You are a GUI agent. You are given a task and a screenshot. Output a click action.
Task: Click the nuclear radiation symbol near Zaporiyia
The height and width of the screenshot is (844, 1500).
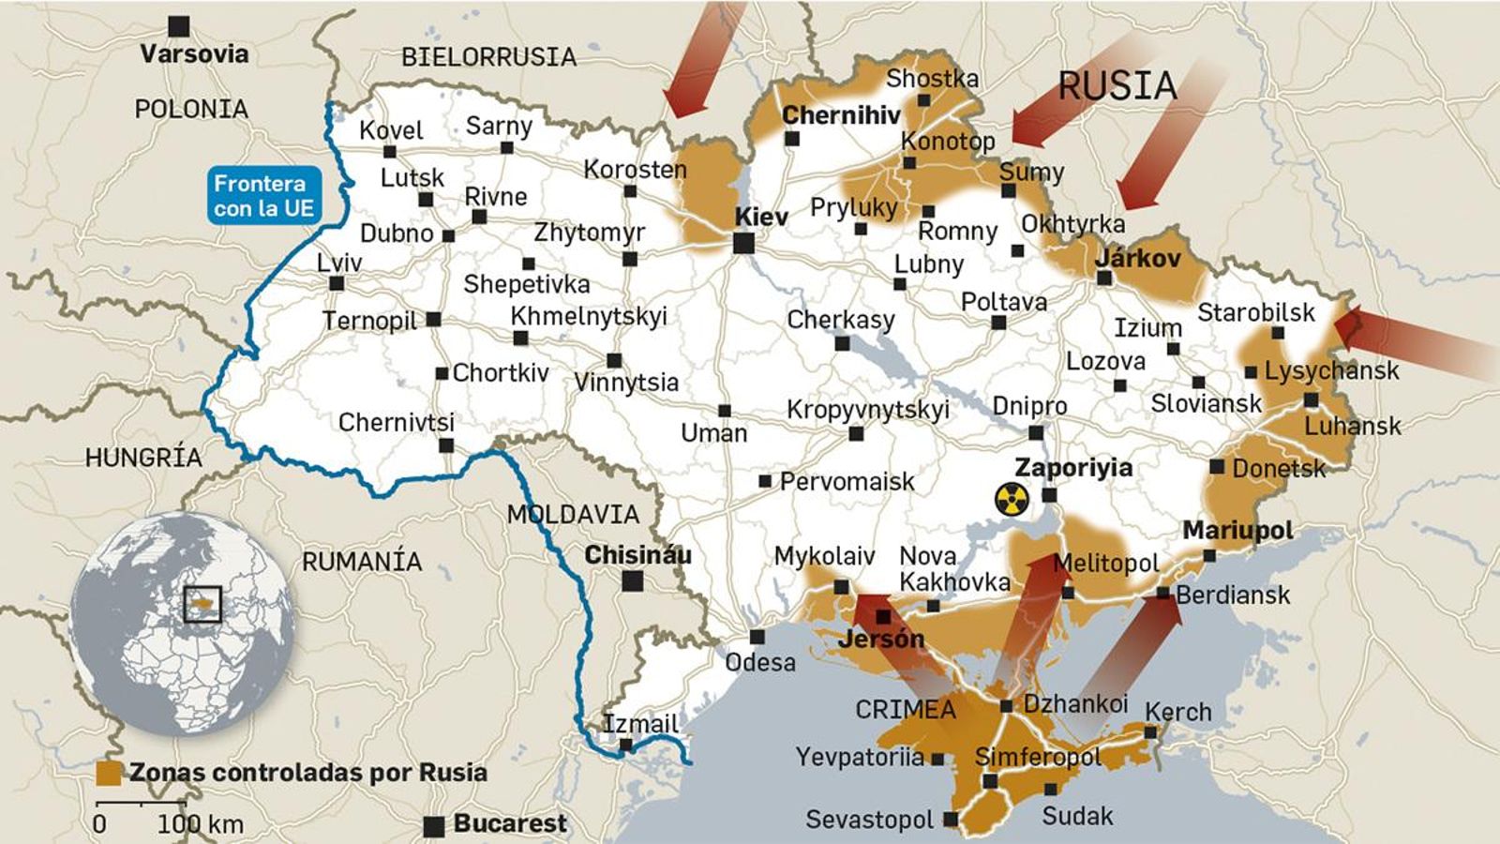click(1012, 500)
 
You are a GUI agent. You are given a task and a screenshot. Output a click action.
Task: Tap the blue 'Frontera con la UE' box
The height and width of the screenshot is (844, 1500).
click(263, 196)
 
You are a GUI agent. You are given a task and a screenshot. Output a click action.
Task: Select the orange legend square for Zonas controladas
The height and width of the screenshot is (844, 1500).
click(110, 773)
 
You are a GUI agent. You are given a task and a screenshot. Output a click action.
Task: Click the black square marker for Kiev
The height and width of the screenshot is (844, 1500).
click(743, 244)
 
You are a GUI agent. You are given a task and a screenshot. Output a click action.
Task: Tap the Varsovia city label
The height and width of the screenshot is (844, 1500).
click(194, 53)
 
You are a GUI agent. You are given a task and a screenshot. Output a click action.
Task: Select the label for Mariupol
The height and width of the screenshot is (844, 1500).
click(1237, 531)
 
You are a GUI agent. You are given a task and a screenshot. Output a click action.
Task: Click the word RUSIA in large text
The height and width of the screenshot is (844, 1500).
click(1117, 86)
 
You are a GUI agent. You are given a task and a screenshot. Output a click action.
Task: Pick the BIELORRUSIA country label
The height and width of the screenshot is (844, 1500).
click(488, 57)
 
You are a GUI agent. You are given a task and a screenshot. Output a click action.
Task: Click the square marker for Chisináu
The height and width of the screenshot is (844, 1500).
click(634, 581)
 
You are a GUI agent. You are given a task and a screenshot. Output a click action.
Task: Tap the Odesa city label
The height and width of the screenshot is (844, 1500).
click(760, 662)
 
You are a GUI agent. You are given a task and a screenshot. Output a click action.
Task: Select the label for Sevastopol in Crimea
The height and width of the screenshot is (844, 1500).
click(869, 820)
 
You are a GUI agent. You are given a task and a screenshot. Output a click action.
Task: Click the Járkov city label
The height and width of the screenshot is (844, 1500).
click(1137, 259)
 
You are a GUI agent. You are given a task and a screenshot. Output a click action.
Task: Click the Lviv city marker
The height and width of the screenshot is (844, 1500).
click(337, 283)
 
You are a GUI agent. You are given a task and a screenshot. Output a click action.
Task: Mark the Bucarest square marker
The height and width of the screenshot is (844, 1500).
click(433, 826)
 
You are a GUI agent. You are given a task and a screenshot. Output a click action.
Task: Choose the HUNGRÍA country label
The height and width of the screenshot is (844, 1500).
click(143, 458)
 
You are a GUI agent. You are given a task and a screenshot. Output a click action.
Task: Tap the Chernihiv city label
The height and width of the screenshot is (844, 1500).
click(841, 115)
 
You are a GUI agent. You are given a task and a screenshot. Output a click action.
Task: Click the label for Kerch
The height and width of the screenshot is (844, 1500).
click(1178, 712)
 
